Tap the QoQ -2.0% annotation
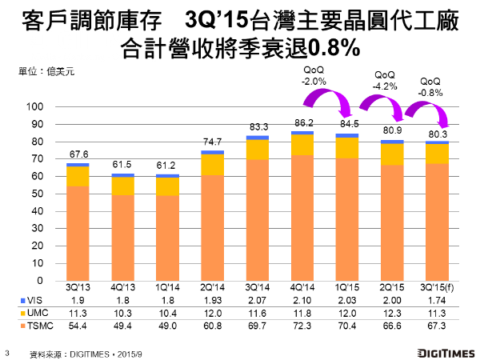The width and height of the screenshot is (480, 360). click(314, 76)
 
